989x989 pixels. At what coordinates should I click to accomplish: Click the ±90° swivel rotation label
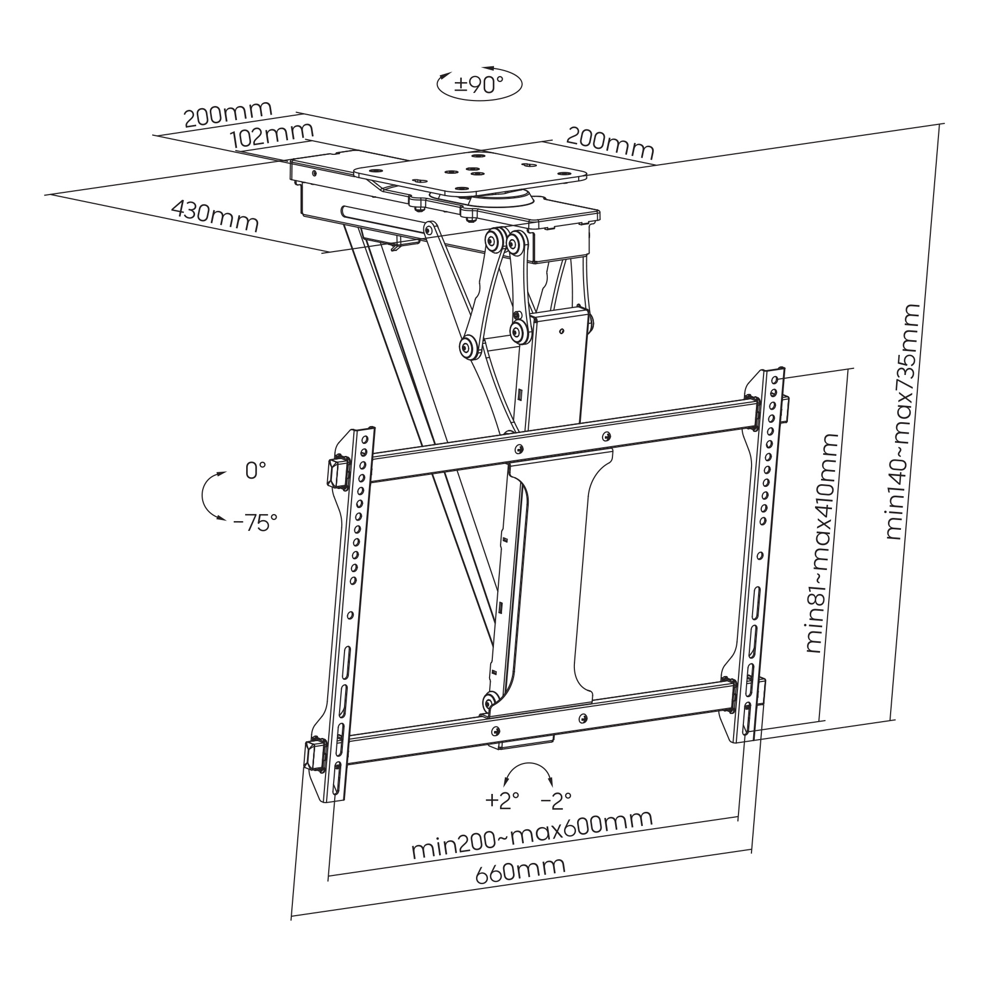[478, 85]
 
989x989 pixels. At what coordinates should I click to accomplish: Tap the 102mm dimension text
[272, 135]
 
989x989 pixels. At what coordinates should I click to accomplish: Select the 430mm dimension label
[215, 215]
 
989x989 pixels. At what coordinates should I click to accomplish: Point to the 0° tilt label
[256, 470]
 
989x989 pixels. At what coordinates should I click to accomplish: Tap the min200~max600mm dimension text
[531, 841]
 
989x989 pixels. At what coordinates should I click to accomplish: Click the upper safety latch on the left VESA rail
[338, 472]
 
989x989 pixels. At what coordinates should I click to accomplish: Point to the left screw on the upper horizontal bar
[520, 449]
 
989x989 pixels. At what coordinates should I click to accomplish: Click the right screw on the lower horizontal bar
[583, 717]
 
